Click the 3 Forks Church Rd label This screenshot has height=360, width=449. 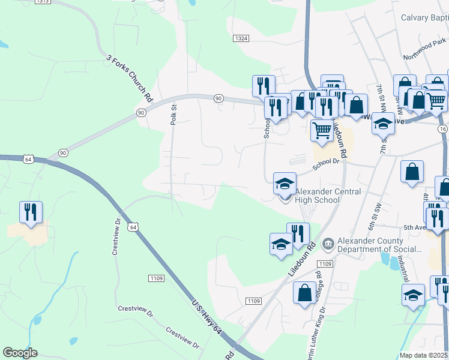(130, 78)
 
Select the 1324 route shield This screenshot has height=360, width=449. (240, 38)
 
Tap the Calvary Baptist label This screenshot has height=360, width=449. (424, 17)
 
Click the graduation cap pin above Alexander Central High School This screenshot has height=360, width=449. (285, 183)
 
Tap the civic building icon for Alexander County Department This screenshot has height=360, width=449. (328, 243)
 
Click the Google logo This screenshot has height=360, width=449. (20, 353)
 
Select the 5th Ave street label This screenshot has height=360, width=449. (414, 228)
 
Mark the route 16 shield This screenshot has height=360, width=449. (443, 129)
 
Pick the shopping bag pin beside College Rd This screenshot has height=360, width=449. (305, 293)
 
